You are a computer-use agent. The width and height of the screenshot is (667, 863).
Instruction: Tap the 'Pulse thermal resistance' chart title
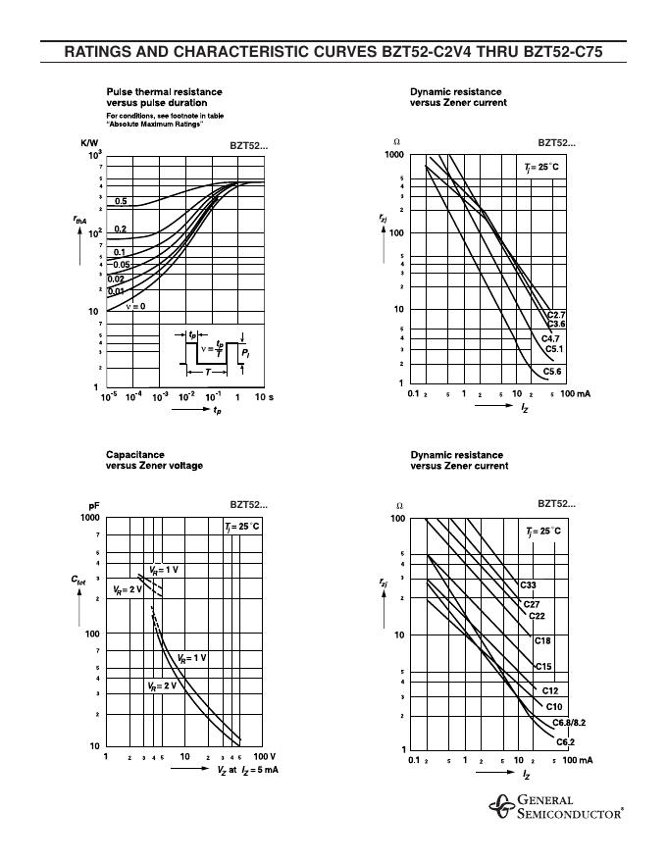tap(164, 97)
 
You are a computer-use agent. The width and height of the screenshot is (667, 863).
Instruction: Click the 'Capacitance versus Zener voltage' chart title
tap(154, 460)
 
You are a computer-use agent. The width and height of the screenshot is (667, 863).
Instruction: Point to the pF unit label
tap(94, 505)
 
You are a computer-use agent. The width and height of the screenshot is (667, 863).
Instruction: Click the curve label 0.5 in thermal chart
tap(121, 201)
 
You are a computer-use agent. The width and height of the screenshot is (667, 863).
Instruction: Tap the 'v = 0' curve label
tap(135, 306)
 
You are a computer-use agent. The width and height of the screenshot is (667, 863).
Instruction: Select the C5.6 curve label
tap(553, 372)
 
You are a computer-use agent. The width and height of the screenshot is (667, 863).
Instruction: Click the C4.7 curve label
tap(552, 337)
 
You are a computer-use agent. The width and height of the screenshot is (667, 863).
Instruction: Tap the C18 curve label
tap(542, 640)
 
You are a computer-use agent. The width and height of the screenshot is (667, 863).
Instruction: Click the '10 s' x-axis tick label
tap(264, 397)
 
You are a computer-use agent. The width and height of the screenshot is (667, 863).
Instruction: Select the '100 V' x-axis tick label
tap(265, 757)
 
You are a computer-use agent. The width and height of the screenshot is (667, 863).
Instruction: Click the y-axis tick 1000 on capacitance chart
tap(89, 517)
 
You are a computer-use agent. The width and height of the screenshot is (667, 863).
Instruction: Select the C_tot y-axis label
tap(79, 582)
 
